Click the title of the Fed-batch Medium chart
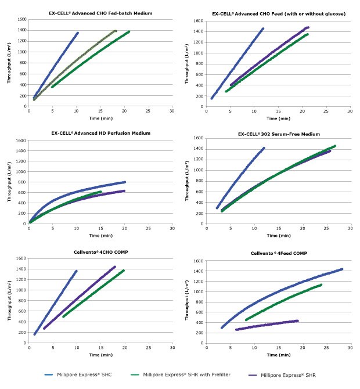tap(100, 13)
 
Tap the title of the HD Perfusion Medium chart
tap(100, 133)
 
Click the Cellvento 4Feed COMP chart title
tap(279, 254)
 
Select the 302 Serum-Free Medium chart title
tap(279, 134)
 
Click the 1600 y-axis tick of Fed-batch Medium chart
tap(21, 19)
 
